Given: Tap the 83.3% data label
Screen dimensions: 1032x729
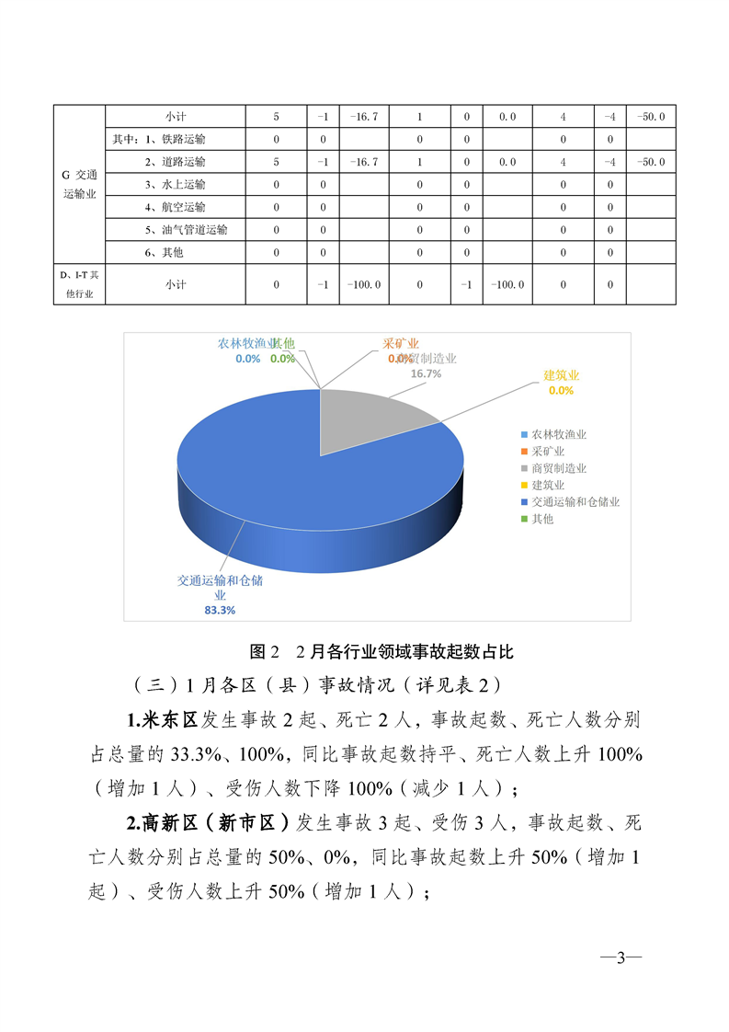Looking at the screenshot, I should [220, 609].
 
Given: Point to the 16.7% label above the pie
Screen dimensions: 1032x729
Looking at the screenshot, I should [426, 374].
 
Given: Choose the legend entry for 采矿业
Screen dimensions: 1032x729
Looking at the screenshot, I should [548, 452].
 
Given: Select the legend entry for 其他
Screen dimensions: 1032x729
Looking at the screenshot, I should [542, 520].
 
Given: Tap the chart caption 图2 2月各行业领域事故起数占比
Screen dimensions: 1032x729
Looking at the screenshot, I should [381, 652].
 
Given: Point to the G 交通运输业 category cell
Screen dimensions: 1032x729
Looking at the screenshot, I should [79, 184].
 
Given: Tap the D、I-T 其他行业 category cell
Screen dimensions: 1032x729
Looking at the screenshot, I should [79, 285].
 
